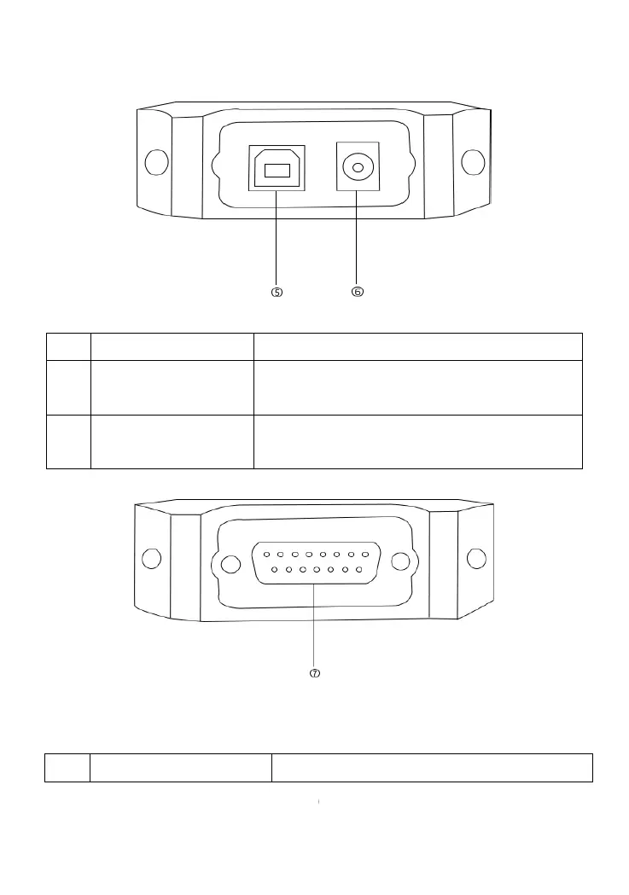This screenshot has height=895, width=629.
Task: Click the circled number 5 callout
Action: coord(277,292)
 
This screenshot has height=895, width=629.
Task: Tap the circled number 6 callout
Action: coord(358,292)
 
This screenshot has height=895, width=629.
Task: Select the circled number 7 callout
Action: coord(314,673)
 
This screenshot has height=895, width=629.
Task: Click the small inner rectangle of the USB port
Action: coord(277,171)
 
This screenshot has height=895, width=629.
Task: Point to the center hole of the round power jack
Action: coord(358,167)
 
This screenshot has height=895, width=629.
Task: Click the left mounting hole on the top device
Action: coord(156,162)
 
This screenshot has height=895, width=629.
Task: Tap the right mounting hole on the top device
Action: coord(473,162)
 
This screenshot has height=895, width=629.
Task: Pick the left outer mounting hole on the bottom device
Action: coord(151,559)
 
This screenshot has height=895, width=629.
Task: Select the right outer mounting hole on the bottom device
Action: coord(476,559)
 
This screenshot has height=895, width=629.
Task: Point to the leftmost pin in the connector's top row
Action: coord(267,554)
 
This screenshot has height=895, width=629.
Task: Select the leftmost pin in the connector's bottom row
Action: coord(275,568)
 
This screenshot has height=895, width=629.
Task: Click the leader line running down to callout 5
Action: coord(277,239)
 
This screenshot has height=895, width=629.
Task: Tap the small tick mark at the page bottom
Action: coord(317,803)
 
